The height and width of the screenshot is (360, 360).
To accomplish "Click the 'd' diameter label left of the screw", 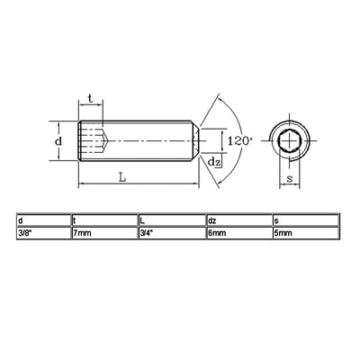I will (x=58, y=141).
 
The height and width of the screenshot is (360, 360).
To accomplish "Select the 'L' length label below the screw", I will (x=122, y=177).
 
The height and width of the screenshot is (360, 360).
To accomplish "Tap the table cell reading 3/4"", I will (x=148, y=233).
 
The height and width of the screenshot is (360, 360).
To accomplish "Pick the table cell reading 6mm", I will (x=216, y=233).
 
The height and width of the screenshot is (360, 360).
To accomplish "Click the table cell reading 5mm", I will (x=283, y=233).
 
